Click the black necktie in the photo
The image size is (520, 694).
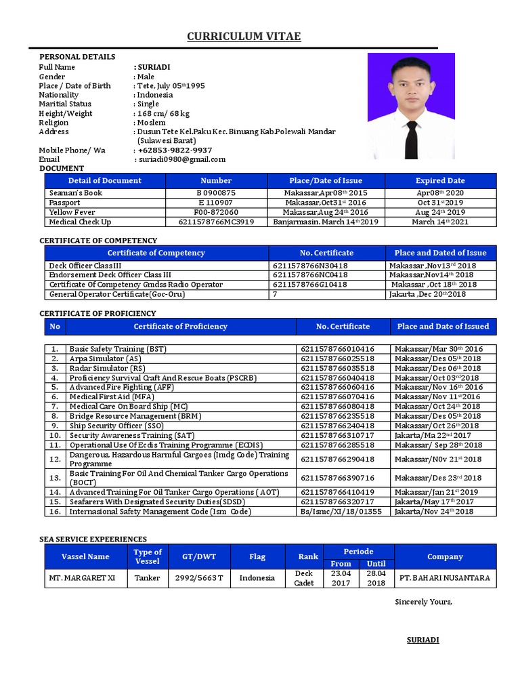pos(411,138)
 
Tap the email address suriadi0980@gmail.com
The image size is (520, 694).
pos(181,159)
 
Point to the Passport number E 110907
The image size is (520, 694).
pos(216,203)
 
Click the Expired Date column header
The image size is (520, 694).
pos(440,181)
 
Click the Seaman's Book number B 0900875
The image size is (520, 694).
pos(216,193)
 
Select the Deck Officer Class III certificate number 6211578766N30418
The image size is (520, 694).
pos(310,266)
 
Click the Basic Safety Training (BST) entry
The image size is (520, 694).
pos(118,349)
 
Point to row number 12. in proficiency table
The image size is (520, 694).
pos(56,459)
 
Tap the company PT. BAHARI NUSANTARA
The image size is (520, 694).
pos(445,578)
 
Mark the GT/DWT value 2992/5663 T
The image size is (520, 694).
pos(199,578)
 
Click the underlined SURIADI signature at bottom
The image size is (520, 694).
pos(422,640)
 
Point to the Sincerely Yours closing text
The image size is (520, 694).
pos(423,602)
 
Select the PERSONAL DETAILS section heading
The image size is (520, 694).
pos(77,57)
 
